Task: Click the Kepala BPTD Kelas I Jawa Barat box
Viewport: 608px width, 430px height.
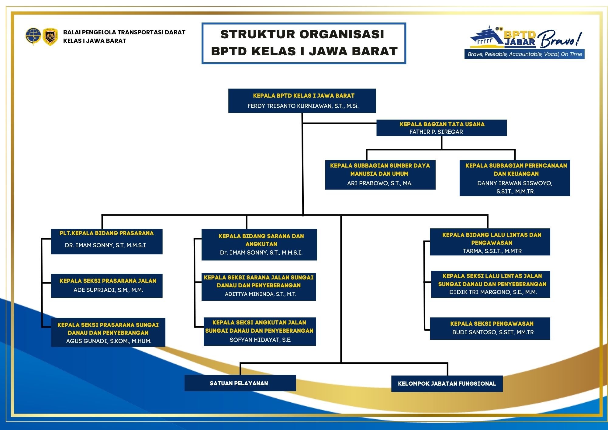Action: (302, 101)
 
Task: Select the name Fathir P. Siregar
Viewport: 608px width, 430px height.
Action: (436, 132)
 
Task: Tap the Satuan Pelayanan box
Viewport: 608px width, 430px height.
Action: (240, 383)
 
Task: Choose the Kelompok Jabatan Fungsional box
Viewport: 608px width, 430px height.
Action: (447, 384)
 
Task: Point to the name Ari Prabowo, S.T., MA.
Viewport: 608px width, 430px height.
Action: (380, 183)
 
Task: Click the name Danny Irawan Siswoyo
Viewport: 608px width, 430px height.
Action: (515, 183)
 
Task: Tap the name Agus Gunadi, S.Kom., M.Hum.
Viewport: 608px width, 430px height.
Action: (109, 341)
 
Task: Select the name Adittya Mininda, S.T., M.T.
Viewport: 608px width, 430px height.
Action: (261, 294)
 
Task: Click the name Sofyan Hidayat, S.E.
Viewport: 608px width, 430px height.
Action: (261, 340)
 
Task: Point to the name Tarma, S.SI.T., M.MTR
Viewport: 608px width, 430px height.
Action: (492, 251)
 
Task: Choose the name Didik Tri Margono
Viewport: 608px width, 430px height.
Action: (493, 292)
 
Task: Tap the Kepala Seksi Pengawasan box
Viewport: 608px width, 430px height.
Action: (490, 328)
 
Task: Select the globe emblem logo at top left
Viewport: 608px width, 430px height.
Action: (33, 36)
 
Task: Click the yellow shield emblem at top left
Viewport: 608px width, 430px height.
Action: (50, 37)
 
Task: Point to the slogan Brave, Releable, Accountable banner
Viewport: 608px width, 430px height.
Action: (524, 54)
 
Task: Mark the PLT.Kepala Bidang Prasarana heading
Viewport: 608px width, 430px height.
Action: (106, 233)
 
